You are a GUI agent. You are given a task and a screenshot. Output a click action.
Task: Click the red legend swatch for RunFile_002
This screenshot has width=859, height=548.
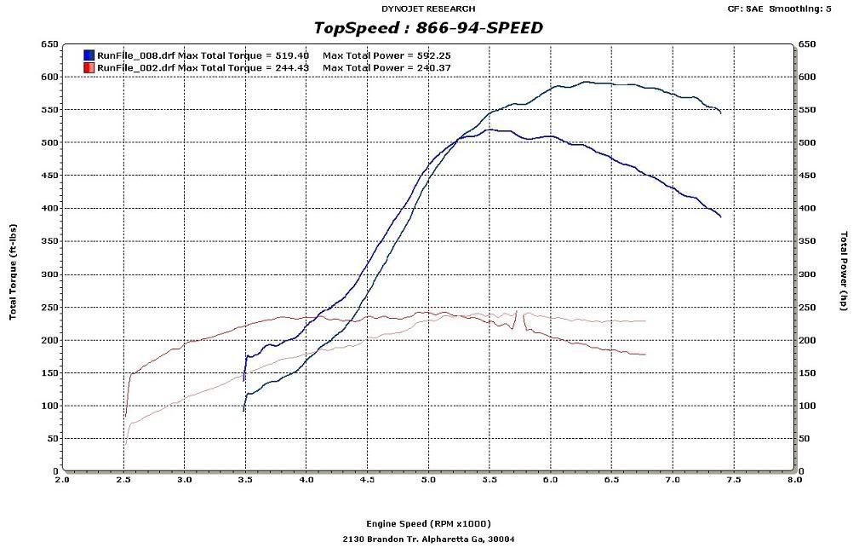[x=89, y=67]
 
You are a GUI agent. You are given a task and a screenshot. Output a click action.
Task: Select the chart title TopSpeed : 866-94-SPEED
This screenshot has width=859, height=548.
[x=428, y=28]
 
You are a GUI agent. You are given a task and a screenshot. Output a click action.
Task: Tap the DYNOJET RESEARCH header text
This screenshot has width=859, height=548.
[x=428, y=9]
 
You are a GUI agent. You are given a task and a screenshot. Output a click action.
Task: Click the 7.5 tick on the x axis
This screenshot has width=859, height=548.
[x=734, y=480]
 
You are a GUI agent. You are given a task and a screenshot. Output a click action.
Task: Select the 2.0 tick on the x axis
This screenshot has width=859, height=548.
[x=62, y=480]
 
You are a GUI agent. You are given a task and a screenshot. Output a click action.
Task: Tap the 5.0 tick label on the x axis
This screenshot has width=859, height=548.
[x=428, y=480]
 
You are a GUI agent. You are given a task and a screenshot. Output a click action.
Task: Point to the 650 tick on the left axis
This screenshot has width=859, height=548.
[x=49, y=43]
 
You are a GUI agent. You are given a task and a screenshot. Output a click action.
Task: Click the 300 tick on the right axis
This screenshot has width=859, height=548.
[x=807, y=274]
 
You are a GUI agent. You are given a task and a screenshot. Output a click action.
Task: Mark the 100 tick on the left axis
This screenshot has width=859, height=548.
[x=49, y=406]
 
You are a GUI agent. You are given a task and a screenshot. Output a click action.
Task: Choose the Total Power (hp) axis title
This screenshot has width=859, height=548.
[x=844, y=270]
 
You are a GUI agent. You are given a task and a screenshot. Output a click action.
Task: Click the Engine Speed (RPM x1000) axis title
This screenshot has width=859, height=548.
[x=428, y=523]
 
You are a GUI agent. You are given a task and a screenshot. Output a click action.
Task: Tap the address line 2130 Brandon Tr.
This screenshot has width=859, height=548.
[x=428, y=539]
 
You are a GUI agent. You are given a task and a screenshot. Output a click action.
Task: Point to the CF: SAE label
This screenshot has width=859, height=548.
[x=746, y=9]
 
